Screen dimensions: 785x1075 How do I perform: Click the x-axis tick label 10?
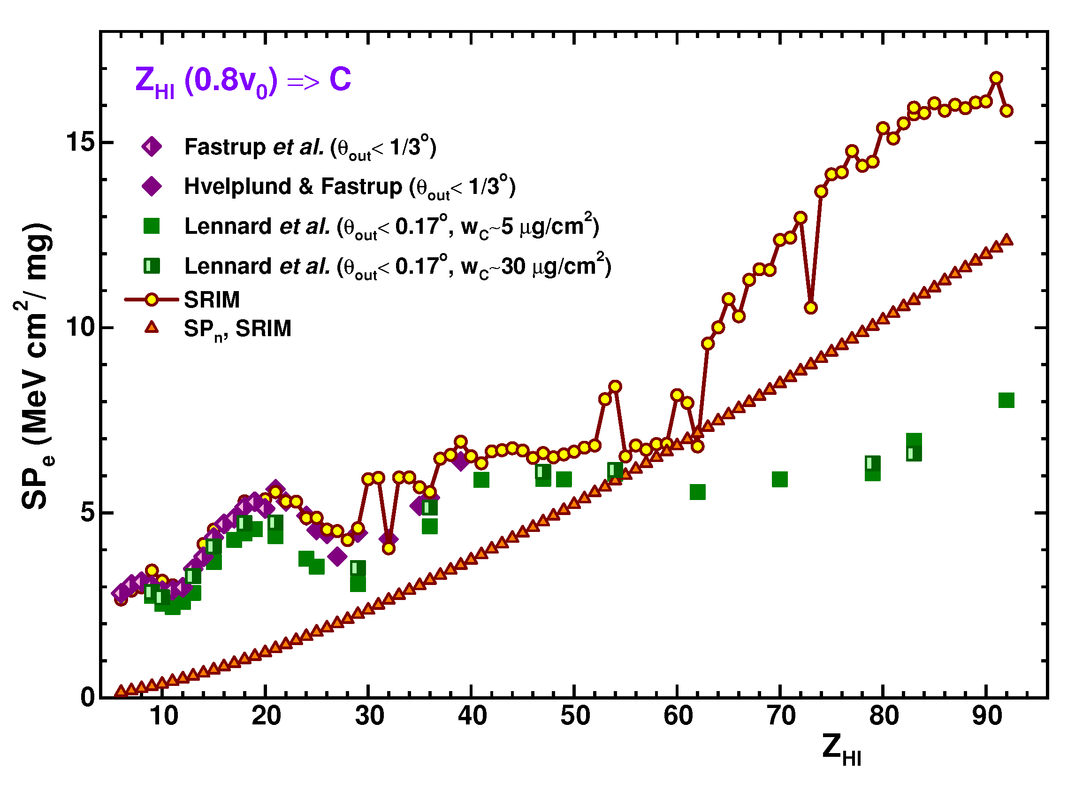(163, 716)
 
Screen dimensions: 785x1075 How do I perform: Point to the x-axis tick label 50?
(575, 716)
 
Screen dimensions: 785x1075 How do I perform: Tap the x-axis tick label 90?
(987, 716)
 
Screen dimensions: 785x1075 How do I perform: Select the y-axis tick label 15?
(81, 142)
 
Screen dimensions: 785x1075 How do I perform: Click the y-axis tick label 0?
(88, 698)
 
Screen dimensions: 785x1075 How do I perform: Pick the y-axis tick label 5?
(88, 513)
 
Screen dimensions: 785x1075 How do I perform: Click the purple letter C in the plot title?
(340, 79)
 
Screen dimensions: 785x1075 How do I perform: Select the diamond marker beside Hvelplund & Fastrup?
(152, 186)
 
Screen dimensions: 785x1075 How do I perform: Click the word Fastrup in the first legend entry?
(225, 147)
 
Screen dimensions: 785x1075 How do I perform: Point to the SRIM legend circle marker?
(152, 300)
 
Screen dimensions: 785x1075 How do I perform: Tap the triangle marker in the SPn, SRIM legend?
(152, 327)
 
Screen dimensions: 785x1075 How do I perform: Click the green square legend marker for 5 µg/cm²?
(152, 226)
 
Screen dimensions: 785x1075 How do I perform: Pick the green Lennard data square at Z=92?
(1006, 400)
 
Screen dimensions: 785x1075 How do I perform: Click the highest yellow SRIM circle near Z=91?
(996, 78)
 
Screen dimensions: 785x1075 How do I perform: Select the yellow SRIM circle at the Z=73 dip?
(810, 308)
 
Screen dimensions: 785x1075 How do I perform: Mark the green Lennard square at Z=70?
(780, 479)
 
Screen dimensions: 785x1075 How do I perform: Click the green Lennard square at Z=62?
(698, 493)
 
